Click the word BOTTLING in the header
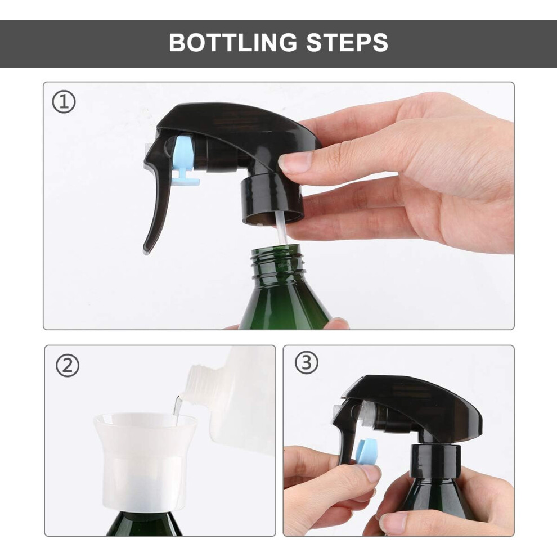233,42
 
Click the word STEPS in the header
347,42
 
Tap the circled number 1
64,102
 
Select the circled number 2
68,366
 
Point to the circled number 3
306,363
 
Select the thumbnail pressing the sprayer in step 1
295,161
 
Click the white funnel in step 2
145,462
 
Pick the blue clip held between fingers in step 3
366,453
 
